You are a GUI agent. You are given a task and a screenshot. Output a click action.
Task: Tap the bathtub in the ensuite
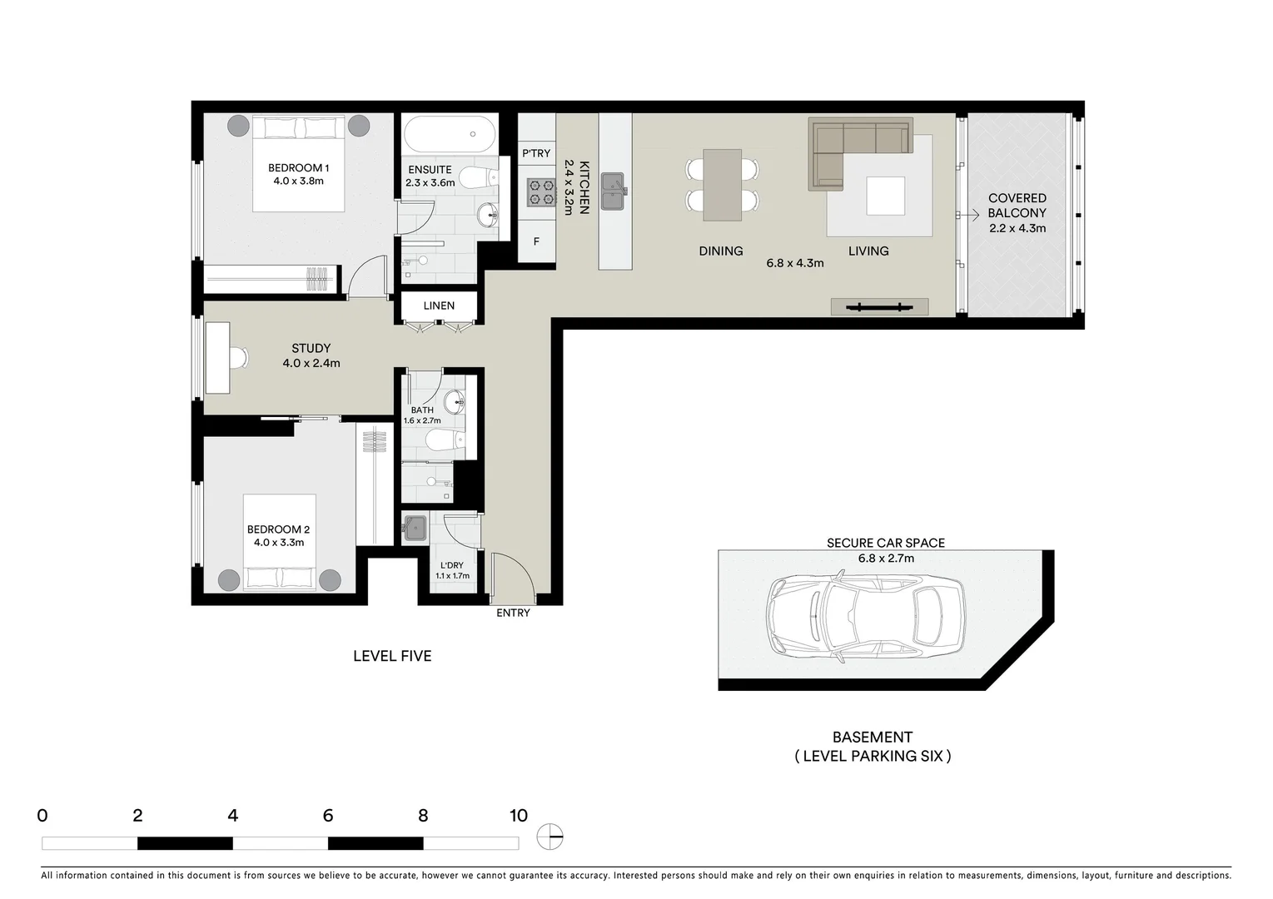tap(449, 134)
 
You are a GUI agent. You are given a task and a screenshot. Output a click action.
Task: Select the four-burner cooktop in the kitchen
tap(540, 193)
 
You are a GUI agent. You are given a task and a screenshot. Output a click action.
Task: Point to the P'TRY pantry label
tap(536, 153)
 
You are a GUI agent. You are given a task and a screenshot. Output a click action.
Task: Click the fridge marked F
tap(536, 242)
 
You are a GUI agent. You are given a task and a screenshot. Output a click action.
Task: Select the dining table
tap(722, 185)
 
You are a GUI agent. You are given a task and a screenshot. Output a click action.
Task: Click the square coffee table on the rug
tap(884, 196)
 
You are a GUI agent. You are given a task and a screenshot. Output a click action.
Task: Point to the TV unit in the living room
tap(879, 307)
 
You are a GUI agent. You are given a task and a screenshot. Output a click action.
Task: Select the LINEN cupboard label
tap(439, 305)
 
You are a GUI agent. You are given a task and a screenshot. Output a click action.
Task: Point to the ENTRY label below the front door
tap(513, 613)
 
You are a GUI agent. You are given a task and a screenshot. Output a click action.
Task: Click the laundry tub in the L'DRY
tap(414, 529)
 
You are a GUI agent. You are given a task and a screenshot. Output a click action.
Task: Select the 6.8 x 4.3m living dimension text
tap(794, 263)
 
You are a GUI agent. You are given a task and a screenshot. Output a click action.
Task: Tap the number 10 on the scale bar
tap(518, 816)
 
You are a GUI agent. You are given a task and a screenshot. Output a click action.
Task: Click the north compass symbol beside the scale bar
tap(549, 836)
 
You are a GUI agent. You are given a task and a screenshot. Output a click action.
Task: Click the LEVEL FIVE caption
tap(392, 656)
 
